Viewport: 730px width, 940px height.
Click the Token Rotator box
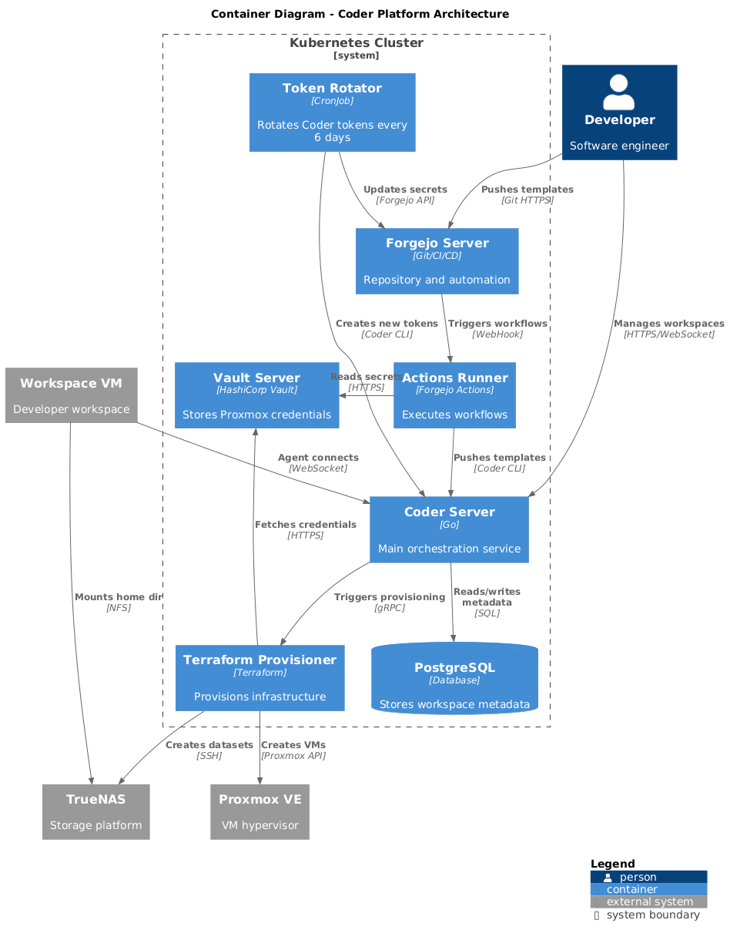332,112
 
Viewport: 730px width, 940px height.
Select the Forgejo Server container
437,261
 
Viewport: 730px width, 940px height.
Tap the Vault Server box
256,395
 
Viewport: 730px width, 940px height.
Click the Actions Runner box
454,395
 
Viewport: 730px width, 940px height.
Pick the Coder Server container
449,530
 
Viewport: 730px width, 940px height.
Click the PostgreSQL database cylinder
454,679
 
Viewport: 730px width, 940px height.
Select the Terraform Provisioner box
260,678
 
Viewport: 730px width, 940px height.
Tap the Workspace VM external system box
71,395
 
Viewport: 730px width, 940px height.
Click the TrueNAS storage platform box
95,812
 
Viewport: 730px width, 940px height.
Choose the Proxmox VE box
260,812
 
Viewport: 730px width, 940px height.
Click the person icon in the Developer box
619,92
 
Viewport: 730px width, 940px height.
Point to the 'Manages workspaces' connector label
668,328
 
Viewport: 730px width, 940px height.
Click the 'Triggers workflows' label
497,328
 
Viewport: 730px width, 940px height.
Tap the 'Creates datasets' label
209,750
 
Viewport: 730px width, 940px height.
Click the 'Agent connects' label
318,462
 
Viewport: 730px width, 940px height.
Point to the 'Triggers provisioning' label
389,602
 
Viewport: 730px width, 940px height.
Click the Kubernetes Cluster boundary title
356,44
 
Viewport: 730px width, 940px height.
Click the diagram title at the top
360,14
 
